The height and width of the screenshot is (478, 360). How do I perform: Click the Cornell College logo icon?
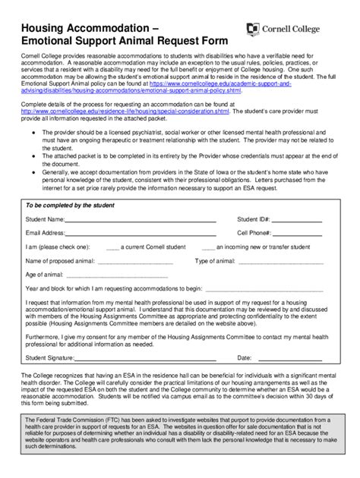[254, 29]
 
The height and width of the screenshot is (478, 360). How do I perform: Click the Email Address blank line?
[141, 234]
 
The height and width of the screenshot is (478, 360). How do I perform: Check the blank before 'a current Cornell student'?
[112, 248]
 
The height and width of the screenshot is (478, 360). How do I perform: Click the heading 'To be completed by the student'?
[71, 206]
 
